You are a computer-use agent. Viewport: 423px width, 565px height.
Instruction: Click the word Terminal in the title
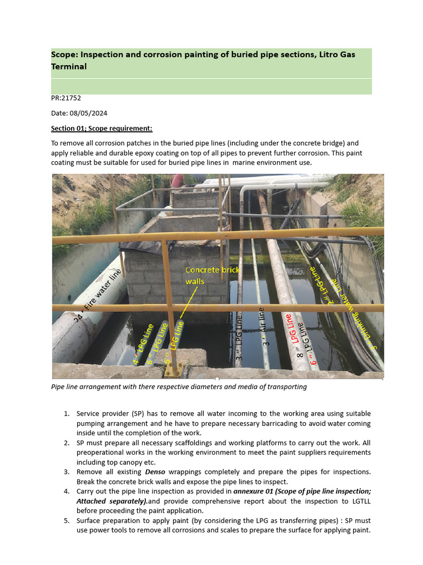tap(69, 67)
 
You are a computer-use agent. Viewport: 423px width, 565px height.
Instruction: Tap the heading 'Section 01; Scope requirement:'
tap(101, 129)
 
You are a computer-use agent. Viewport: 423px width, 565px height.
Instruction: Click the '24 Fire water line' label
tap(97, 296)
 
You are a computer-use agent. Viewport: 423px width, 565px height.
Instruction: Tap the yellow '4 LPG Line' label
tap(143, 344)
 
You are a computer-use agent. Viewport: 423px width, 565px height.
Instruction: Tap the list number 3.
tap(66, 472)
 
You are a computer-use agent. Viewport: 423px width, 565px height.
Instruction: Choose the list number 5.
tap(66, 520)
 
